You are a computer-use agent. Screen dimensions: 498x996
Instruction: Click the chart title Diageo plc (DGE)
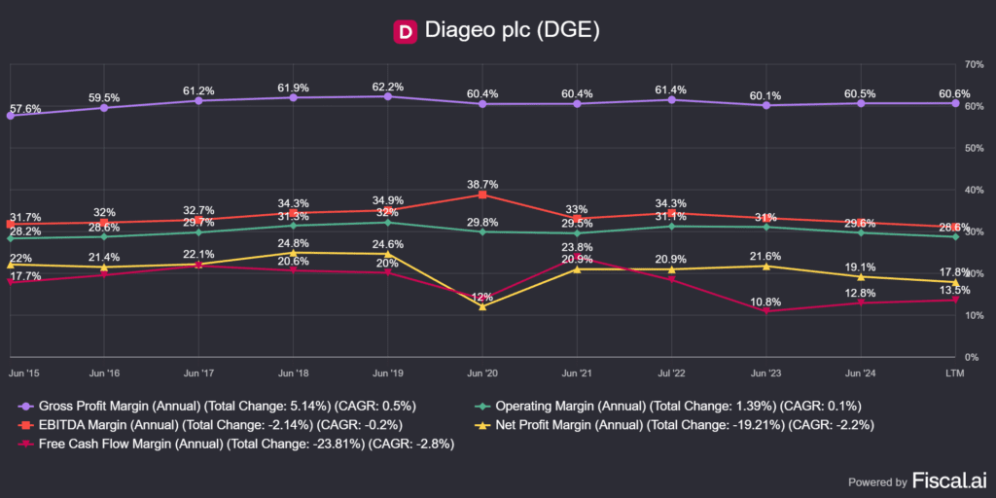click(513, 31)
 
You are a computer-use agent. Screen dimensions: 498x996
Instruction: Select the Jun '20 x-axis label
click(482, 373)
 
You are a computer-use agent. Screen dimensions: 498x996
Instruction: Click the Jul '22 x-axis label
click(671, 373)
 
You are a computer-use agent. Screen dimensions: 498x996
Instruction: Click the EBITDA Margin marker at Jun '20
click(482, 195)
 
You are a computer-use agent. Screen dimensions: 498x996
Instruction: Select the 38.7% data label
click(482, 182)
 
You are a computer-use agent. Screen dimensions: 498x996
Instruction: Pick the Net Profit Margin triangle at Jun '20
click(482, 306)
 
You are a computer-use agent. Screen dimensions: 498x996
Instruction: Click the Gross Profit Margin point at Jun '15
click(11, 116)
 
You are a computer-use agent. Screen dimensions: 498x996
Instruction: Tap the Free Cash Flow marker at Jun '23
click(765, 311)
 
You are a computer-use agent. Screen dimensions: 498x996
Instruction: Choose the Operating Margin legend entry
click(669, 405)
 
